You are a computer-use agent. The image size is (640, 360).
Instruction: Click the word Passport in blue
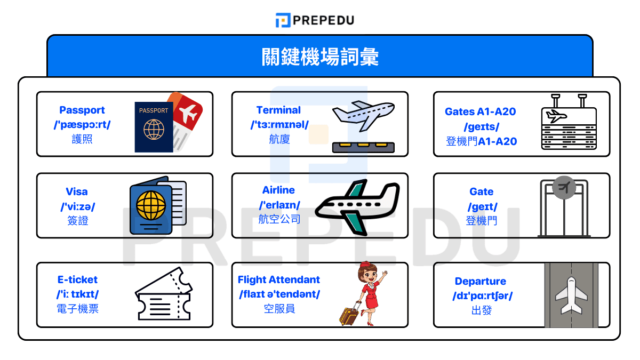pos(82,110)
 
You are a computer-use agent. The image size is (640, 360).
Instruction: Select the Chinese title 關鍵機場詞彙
pos(320,57)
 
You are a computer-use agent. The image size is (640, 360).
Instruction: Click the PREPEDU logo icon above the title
pos(282,20)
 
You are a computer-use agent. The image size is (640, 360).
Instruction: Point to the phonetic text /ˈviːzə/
pos(78,206)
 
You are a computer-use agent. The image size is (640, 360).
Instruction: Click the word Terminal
pos(278,110)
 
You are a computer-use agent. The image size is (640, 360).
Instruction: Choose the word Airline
pos(278,190)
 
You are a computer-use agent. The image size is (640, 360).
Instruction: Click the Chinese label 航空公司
pos(279,219)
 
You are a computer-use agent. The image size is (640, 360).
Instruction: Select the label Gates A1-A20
pos(481,112)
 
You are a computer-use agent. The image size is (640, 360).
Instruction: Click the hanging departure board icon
pos(569,124)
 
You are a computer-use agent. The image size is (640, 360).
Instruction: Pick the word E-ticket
pos(78,279)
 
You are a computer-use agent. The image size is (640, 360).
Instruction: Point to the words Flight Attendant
pos(279,279)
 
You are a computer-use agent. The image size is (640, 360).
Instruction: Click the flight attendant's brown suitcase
pos(349,315)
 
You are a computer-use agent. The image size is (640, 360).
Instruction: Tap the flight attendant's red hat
pos(366,265)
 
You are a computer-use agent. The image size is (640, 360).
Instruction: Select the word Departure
pos(481,281)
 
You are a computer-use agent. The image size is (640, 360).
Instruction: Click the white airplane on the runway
pos(571,295)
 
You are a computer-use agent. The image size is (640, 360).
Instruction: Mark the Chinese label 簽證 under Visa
pos(78,221)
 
